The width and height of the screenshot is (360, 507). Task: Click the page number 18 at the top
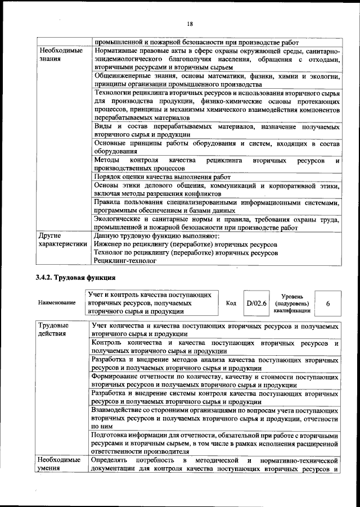click(190, 23)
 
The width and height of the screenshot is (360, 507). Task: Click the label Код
click(231, 303)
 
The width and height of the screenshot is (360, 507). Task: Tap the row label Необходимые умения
click(61, 465)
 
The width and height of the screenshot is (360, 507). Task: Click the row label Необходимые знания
click(61, 55)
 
